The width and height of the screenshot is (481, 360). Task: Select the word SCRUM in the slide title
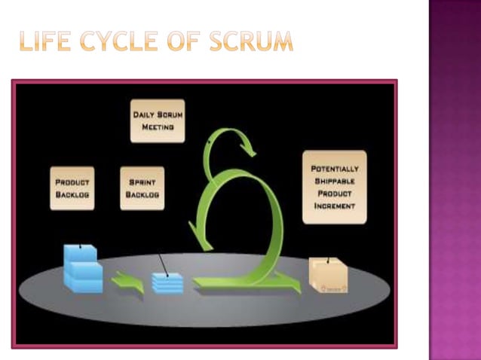(x=251, y=42)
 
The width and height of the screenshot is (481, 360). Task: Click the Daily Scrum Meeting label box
(x=157, y=121)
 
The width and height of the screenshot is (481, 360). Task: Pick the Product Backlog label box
(x=72, y=188)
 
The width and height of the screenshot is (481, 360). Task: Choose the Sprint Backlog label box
(x=142, y=188)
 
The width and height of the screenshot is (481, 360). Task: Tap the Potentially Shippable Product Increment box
(x=334, y=187)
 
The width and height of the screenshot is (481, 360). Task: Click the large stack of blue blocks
(x=82, y=269)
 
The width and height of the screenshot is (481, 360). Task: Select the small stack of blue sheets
(x=167, y=282)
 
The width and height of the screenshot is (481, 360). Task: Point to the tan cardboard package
(x=329, y=275)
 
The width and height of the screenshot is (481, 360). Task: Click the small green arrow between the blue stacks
(x=127, y=285)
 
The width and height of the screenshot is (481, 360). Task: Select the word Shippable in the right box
(x=334, y=182)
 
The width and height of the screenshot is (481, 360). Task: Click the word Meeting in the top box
(x=157, y=127)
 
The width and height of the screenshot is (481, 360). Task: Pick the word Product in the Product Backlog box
(x=72, y=182)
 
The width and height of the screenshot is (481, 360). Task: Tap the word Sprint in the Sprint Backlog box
(x=142, y=182)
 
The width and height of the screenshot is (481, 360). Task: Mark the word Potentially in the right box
(x=334, y=169)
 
